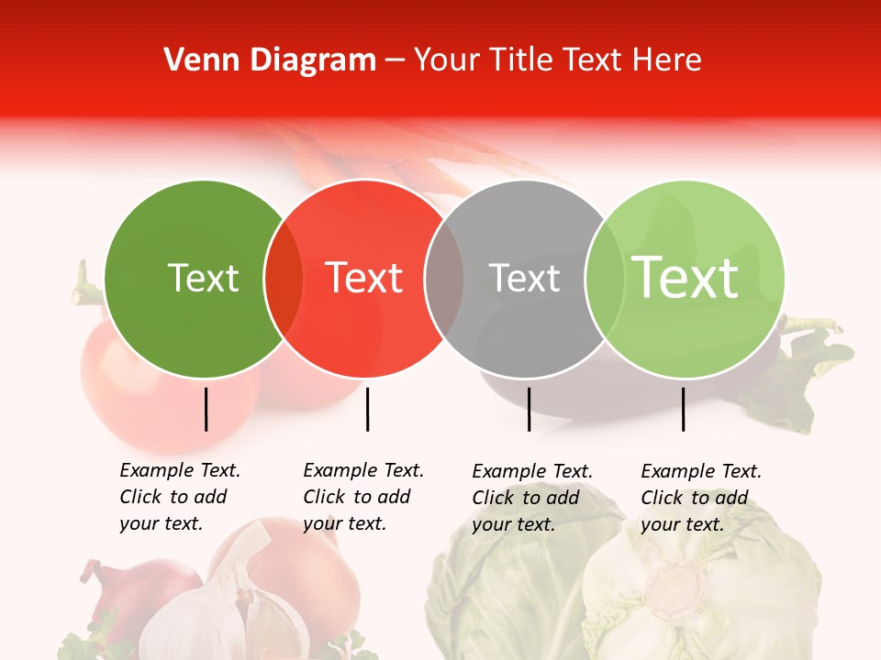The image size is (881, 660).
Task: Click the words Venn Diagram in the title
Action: point(270,60)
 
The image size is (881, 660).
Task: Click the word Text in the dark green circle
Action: point(204,279)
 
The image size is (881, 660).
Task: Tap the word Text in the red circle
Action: point(364,279)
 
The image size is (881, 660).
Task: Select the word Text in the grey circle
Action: point(524,279)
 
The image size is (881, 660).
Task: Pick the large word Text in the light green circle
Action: point(685,278)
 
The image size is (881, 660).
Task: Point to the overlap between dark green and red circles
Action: point(284,279)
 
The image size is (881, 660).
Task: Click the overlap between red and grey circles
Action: point(444,279)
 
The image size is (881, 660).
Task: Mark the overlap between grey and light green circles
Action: point(603,279)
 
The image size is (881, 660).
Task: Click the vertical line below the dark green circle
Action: point(206,409)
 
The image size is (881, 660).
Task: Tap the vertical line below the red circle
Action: point(367,409)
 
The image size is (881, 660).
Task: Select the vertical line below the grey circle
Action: point(529,409)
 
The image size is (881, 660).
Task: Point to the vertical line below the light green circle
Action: point(684,409)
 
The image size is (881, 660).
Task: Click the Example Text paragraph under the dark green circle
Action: point(180,497)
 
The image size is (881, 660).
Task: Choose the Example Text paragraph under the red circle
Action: point(363,497)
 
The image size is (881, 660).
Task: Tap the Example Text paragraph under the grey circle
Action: point(532,498)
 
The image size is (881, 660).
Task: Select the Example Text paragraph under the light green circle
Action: point(701,498)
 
